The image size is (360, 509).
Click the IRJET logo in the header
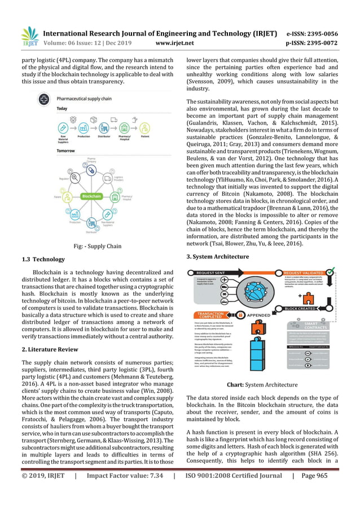[x=29, y=36]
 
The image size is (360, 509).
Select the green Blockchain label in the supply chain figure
[x=91, y=197]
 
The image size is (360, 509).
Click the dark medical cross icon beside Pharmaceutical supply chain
[x=43, y=99]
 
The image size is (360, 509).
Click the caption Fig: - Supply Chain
[x=97, y=245]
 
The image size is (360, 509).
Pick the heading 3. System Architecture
[x=217, y=257]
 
